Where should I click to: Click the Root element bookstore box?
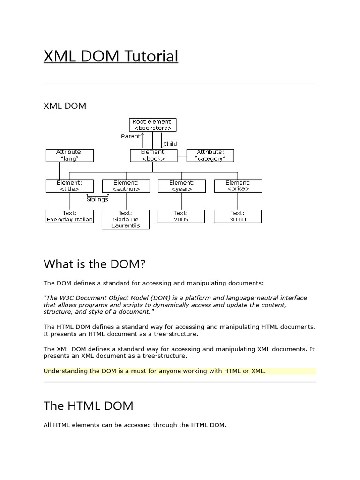(x=152, y=125)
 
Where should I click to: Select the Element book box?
(x=153, y=156)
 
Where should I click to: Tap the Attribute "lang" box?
(x=69, y=156)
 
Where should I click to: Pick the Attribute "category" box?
(x=210, y=156)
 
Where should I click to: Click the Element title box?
(x=69, y=186)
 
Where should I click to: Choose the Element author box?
(x=126, y=186)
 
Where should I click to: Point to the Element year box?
(x=181, y=186)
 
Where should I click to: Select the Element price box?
(x=238, y=186)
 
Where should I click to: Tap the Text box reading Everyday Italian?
(x=69, y=216)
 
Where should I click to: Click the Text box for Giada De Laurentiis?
(x=126, y=219)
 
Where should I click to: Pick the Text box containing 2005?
(x=181, y=216)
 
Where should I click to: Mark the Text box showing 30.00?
(x=238, y=216)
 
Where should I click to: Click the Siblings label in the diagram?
(x=97, y=199)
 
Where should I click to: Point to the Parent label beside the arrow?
(x=131, y=136)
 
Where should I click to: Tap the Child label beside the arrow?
(x=170, y=144)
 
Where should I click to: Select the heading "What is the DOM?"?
(x=95, y=264)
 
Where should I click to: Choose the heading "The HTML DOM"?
(x=88, y=405)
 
